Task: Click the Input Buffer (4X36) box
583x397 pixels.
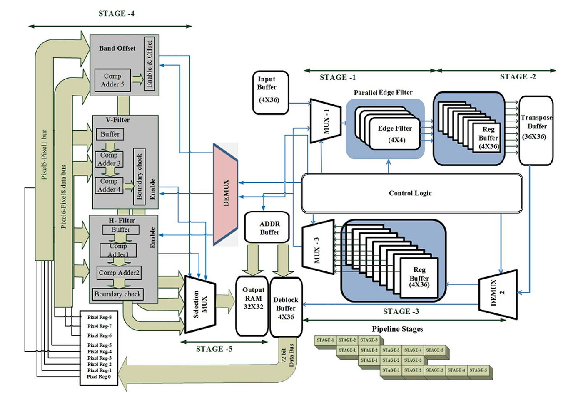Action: click(270, 92)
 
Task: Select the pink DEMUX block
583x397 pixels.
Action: click(226, 194)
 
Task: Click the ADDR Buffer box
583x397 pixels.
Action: click(267, 228)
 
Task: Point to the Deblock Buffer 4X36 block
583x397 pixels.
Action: click(286, 308)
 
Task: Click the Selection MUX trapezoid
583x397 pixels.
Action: click(200, 305)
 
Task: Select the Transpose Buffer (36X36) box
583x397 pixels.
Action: click(536, 130)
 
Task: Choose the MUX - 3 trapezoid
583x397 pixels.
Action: click(318, 247)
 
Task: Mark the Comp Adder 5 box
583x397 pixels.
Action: click(112, 80)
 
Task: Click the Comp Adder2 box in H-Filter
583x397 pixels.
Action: click(119, 273)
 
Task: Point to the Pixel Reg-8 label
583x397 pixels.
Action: click(99, 317)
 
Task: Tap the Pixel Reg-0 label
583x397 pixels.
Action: click(99, 377)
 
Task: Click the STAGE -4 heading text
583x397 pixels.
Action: click(116, 14)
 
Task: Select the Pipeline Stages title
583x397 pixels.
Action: click(397, 329)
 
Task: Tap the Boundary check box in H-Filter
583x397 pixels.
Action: click(117, 294)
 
